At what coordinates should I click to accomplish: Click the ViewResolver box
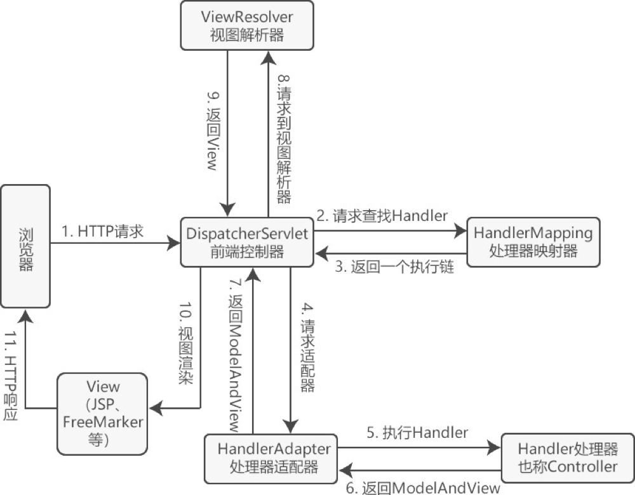[x=246, y=25]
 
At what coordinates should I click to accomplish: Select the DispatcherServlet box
[x=248, y=242]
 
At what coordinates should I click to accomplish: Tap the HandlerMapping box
[x=533, y=241]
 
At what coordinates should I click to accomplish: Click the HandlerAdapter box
[x=274, y=458]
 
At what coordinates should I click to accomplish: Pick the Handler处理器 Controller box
[x=567, y=458]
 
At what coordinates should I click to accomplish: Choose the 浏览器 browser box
[x=25, y=246]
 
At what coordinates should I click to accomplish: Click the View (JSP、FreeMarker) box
[x=102, y=413]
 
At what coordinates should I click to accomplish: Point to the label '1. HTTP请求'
[x=103, y=232]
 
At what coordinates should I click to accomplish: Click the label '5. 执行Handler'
[x=417, y=433]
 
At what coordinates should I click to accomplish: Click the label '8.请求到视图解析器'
[x=283, y=140]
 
